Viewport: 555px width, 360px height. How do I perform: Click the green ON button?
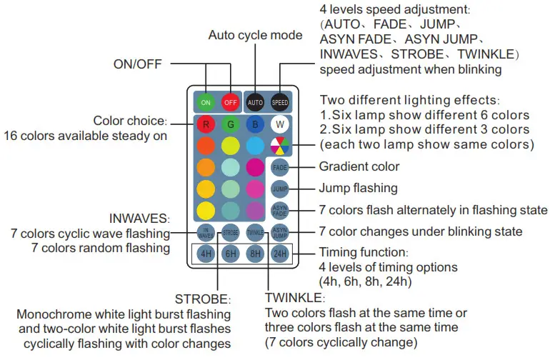tap(206, 102)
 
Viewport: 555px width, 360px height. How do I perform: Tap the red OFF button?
tap(231, 102)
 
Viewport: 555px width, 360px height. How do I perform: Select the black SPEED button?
tap(279, 102)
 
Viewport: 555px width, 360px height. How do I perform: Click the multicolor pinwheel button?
tap(279, 146)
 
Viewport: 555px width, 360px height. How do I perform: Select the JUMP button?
tap(279, 189)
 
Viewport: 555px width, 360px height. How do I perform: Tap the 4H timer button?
tap(206, 253)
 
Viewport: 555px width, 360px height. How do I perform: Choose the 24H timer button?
tap(279, 253)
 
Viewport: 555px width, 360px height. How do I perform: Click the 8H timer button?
tap(255, 253)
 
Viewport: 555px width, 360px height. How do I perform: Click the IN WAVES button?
tap(206, 232)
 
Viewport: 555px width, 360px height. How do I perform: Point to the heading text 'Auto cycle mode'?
tap(255, 35)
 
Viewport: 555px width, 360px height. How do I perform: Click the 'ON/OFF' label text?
tap(139, 64)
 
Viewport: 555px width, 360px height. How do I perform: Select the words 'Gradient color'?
tap(359, 166)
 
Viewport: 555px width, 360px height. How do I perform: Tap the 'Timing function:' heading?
tap(364, 253)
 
